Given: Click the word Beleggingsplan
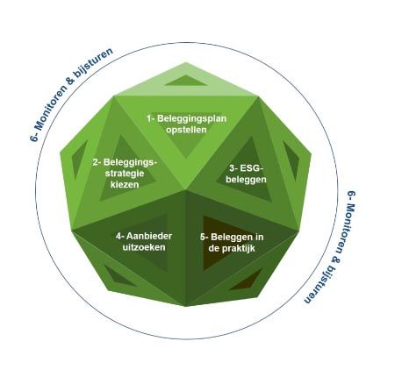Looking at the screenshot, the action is click(x=192, y=119).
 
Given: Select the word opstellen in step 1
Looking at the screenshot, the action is click(x=186, y=130).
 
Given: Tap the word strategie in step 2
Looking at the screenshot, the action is click(x=125, y=174).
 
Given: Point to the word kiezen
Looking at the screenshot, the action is click(x=125, y=185).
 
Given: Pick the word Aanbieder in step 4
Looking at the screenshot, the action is click(x=149, y=236).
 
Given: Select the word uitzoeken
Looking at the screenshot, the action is click(x=144, y=247).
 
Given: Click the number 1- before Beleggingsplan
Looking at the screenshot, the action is click(x=151, y=118).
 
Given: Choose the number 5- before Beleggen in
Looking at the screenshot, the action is click(x=205, y=237).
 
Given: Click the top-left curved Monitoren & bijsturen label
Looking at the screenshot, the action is click(x=71, y=95).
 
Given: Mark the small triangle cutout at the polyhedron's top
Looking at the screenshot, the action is click(x=185, y=82).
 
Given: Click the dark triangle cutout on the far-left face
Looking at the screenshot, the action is click(x=78, y=160).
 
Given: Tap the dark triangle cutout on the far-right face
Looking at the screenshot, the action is click(x=291, y=160).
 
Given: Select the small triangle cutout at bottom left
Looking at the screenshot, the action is click(x=118, y=277).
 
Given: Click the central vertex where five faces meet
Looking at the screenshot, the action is click(x=186, y=190).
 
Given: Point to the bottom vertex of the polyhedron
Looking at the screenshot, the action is click(x=186, y=306).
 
